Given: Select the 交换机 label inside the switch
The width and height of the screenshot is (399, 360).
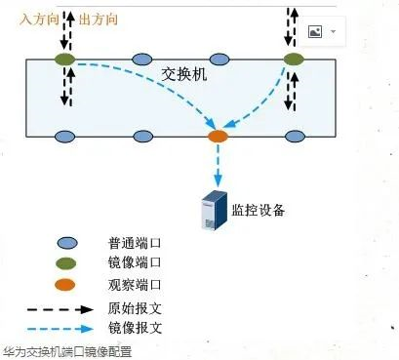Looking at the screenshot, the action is (x=181, y=73).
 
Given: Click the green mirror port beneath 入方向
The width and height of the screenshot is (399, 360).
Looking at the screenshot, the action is (x=64, y=60).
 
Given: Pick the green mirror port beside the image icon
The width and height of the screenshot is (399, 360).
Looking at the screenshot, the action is (x=293, y=60).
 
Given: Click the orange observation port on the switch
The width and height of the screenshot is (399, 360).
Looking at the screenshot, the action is (x=218, y=135).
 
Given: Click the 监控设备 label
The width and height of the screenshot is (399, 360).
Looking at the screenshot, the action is (x=259, y=210).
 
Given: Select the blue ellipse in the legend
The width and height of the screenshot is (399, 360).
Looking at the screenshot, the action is (x=66, y=241).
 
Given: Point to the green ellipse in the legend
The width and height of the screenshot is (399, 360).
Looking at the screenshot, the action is (x=66, y=263).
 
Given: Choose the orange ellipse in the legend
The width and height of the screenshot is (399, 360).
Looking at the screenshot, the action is (x=66, y=286).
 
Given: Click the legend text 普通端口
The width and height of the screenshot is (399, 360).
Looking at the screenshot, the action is (x=134, y=241).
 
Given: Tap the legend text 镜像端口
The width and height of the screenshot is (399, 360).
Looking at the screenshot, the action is (x=134, y=263).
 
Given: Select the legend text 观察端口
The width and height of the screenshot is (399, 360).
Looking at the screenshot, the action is (x=134, y=286).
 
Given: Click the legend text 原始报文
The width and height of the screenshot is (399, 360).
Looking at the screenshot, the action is (x=134, y=308).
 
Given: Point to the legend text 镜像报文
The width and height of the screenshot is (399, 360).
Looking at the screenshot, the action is (x=134, y=330).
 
